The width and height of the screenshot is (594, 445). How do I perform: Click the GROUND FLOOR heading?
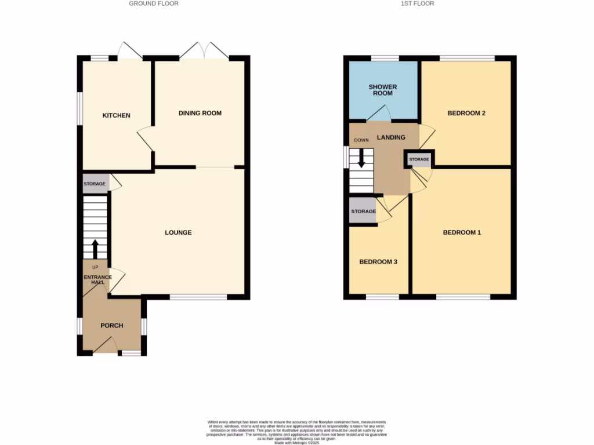coord(154,3)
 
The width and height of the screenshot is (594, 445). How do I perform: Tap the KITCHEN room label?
coord(117,116)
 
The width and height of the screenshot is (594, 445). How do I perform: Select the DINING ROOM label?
coord(200,113)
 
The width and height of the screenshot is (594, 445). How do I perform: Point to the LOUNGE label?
coord(178,233)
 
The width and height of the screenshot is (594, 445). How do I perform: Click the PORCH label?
coord(111,326)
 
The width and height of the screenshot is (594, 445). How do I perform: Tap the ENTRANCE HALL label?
coord(97,279)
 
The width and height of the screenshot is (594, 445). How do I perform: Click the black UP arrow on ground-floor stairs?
coord(95,248)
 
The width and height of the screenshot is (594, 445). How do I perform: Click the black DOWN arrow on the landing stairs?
coord(361,159)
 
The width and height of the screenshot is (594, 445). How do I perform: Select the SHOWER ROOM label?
coord(383,90)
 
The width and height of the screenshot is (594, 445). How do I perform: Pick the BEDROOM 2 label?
coord(466,113)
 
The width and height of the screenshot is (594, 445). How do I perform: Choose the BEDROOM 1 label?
coord(462,233)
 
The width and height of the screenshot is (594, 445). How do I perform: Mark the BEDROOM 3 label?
coord(378,262)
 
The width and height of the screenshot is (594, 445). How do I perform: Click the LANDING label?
coord(391,137)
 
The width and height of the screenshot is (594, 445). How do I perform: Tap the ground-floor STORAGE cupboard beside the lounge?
coord(95,184)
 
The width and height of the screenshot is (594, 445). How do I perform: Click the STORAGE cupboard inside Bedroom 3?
coord(363,211)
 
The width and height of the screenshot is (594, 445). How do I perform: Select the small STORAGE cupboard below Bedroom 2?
coord(419,159)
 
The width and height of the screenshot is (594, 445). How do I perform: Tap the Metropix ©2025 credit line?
coord(297,443)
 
